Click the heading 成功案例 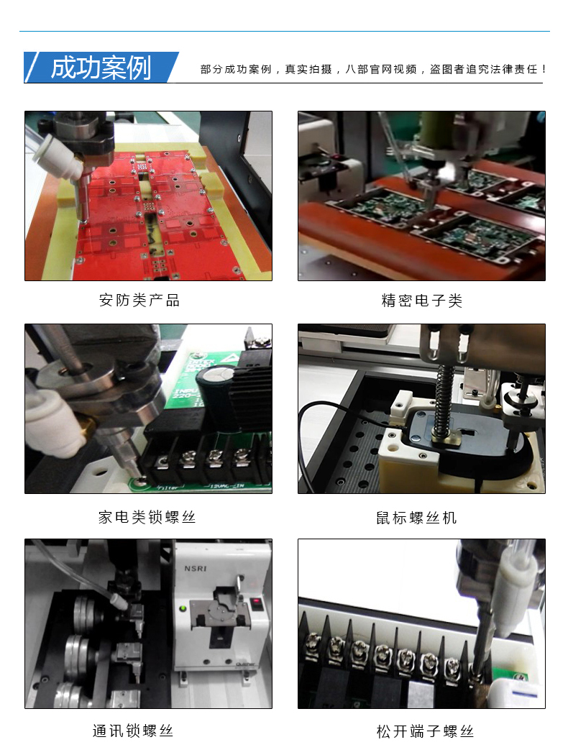click(101, 68)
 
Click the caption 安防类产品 click(139, 300)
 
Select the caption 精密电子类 click(421, 301)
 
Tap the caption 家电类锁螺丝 click(147, 517)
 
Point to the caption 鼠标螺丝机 click(416, 518)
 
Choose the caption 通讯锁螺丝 click(133, 731)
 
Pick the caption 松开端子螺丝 click(425, 731)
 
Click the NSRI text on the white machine click(196, 569)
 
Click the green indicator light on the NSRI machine click(183, 608)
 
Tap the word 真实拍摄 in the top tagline click(308, 69)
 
